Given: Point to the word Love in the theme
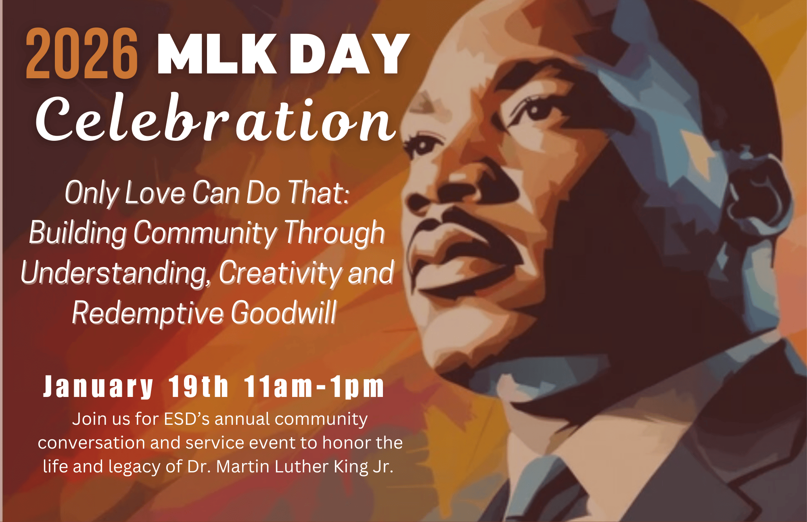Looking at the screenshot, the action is coord(155,193).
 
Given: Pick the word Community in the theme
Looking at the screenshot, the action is coord(205,233).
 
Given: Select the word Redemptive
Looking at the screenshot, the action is coord(148,313).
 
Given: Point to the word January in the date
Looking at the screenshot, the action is coord(98,387).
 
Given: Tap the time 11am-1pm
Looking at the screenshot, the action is coord(314,387).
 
